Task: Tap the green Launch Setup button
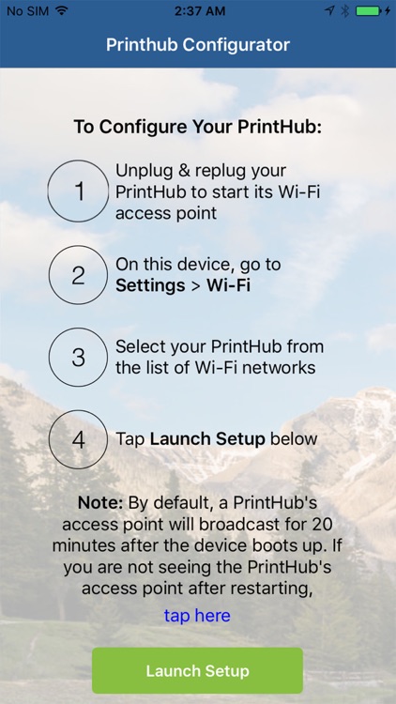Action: (197, 670)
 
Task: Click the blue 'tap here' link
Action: (197, 616)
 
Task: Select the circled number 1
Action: (79, 191)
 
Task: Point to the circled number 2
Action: (79, 275)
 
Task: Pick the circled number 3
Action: (79, 358)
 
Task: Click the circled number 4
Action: (79, 439)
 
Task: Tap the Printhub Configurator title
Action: (197, 45)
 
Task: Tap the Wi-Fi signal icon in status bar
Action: (62, 10)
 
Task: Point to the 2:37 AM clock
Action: (197, 10)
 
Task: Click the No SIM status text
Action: (26, 10)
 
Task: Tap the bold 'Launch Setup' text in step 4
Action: (206, 439)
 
